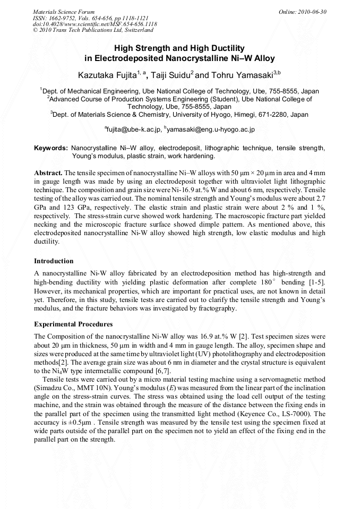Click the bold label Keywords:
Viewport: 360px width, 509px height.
(x=50, y=148)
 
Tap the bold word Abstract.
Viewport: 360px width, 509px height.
(x=48, y=173)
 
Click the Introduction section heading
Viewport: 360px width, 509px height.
(x=54, y=261)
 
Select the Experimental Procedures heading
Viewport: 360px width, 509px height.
(x=73, y=324)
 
